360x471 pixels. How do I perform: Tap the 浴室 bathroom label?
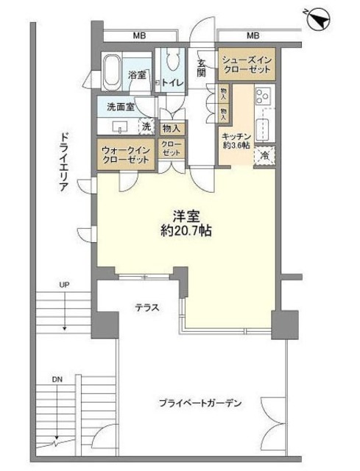(138, 75)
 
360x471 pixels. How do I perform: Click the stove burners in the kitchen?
(262, 96)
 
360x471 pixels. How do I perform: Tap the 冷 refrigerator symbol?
(264, 155)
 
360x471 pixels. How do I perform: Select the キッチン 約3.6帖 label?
(238, 142)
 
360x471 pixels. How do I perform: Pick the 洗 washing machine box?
(147, 126)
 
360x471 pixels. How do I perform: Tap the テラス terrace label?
(147, 308)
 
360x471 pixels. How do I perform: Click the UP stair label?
(65, 284)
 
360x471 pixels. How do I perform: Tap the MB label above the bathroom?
(138, 35)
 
